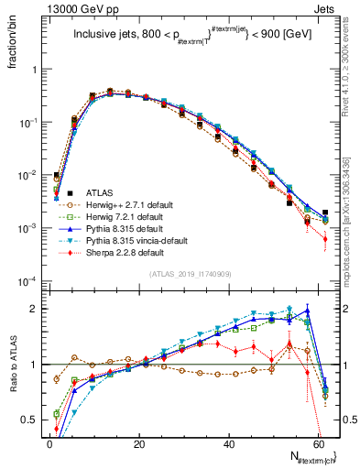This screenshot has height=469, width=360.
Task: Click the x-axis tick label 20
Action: (139, 443)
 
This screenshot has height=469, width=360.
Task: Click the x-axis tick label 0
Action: (49, 443)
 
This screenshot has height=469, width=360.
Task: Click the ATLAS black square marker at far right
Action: (325, 213)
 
